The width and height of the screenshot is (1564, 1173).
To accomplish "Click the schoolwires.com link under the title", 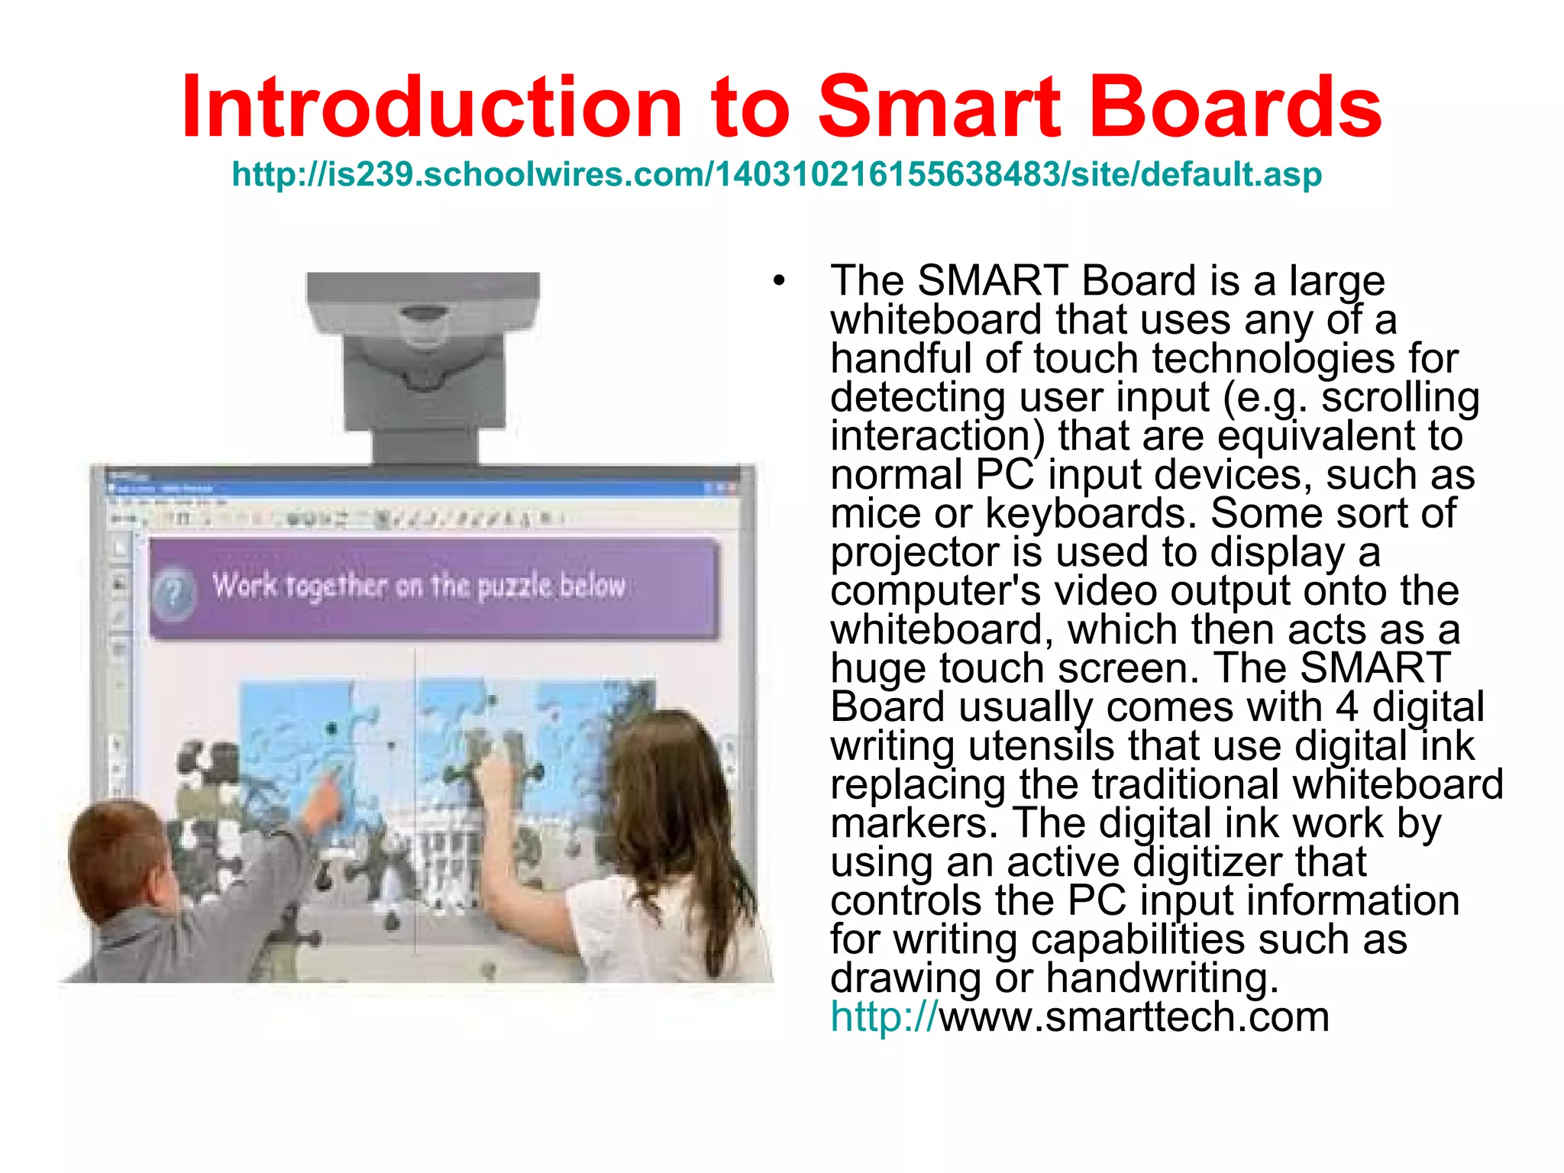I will [x=777, y=174].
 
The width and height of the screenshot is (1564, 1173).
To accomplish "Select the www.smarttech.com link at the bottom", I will [x=1133, y=1017].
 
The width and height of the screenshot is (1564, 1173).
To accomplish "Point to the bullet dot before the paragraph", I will [x=778, y=281].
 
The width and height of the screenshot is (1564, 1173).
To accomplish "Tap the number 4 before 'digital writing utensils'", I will [x=1347, y=707].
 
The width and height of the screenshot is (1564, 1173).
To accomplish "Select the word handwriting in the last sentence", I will [x=1161, y=978].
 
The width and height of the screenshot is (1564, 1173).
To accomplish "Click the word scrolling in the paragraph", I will [x=1401, y=397].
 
